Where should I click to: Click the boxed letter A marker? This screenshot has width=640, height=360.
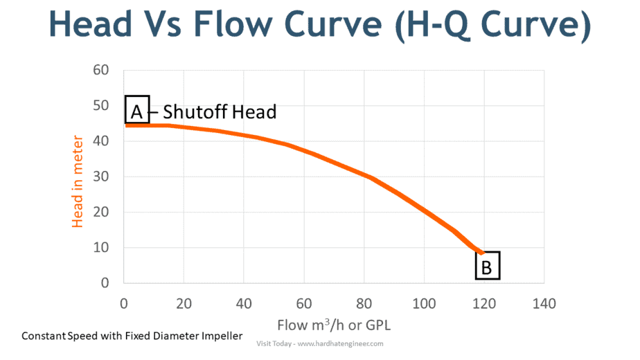coord(136,109)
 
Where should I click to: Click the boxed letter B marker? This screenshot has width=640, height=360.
coord(487,266)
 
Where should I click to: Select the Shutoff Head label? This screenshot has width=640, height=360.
coord(219,111)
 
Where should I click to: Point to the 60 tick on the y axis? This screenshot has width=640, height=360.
coord(101,70)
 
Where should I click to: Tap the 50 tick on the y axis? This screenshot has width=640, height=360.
coord(101,105)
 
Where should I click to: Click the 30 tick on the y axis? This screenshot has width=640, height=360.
coord(101,177)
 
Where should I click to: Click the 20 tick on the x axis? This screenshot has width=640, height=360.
coord(184,303)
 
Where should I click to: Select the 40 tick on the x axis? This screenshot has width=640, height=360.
coord(244,303)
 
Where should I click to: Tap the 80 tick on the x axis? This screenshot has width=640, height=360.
coord(364,303)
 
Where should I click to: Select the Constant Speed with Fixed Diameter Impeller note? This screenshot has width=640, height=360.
coord(132,336)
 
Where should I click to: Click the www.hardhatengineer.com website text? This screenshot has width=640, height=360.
coord(340,343)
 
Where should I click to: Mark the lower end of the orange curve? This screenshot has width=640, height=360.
coord(481,252)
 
